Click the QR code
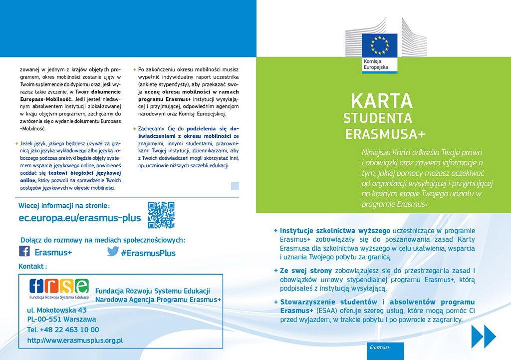(x=161, y=215)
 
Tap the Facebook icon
(x=24, y=251)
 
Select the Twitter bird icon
(x=113, y=251)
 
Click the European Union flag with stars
(x=379, y=45)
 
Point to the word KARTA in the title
(x=382, y=101)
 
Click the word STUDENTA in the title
(x=378, y=118)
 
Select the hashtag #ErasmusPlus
(x=148, y=253)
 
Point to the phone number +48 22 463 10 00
(x=63, y=330)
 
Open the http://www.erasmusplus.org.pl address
(x=75, y=341)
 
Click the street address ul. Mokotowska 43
(x=57, y=310)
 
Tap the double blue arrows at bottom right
(x=483, y=336)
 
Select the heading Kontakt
(x=32, y=267)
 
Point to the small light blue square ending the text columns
(x=235, y=186)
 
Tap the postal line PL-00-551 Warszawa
(x=61, y=320)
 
